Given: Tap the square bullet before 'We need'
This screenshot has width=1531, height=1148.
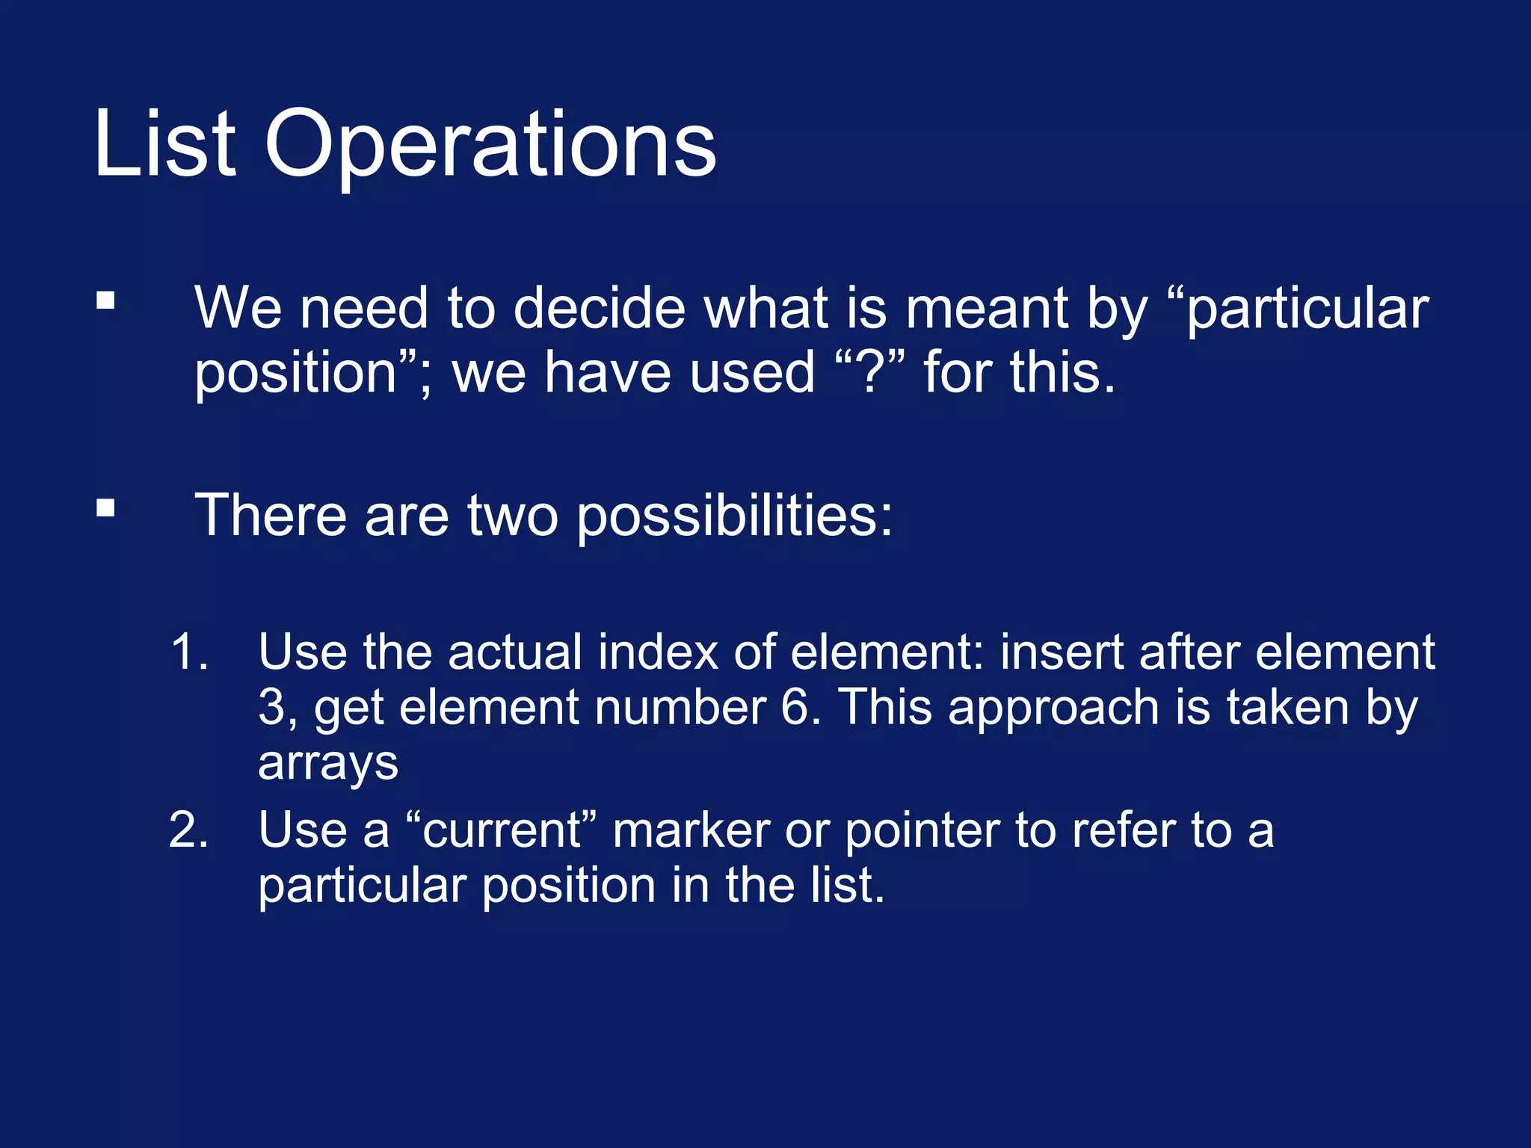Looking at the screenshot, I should click(105, 300).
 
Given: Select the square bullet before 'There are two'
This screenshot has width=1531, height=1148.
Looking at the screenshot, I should click(105, 508).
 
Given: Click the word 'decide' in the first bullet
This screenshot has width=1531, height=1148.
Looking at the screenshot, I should click(599, 308).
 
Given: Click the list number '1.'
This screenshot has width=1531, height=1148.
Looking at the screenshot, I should click(189, 652).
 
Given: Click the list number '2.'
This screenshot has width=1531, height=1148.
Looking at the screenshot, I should click(188, 830).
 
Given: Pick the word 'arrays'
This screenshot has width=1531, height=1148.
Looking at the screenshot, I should click(328, 764).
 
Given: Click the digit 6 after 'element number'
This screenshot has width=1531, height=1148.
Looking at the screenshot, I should click(794, 707).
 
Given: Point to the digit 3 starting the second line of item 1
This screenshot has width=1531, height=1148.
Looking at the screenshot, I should click(271, 707).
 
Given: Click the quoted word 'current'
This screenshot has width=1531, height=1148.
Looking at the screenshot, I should click(501, 830).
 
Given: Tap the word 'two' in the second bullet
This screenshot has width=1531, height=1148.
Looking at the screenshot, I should click(512, 516).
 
